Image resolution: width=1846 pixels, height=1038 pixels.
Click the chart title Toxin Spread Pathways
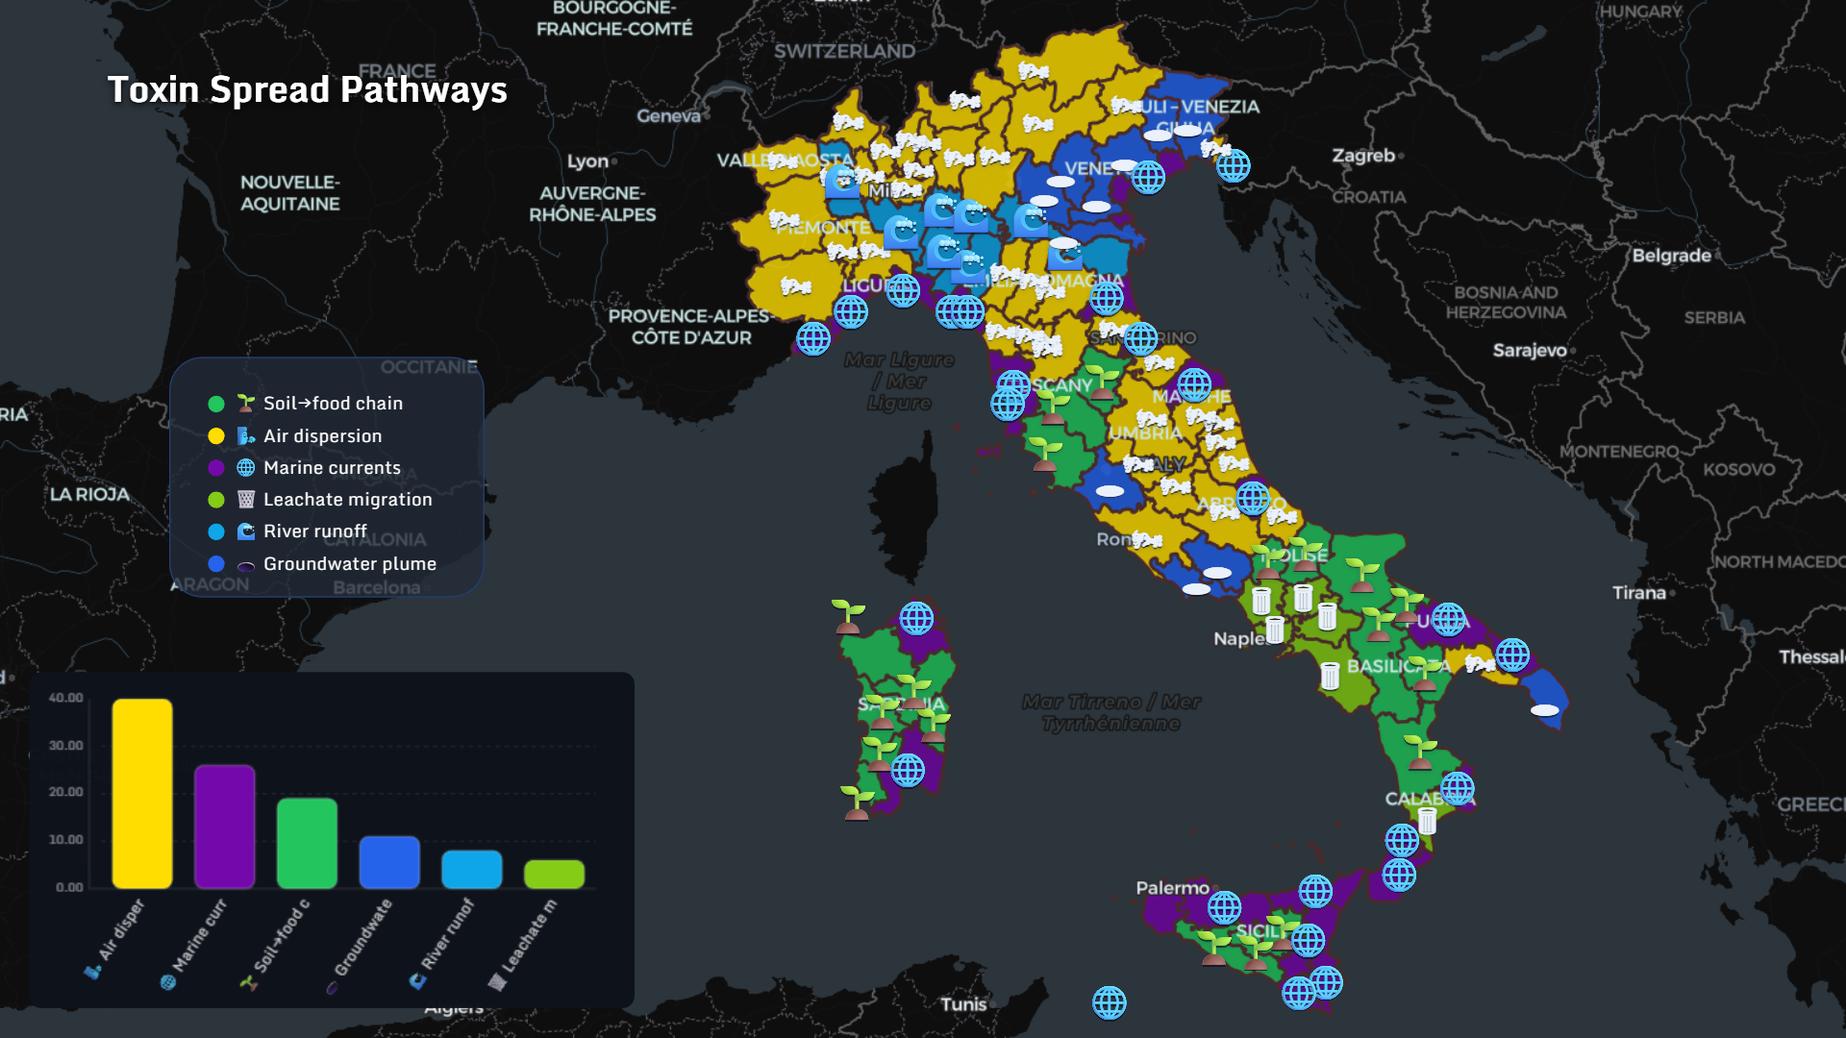[307, 90]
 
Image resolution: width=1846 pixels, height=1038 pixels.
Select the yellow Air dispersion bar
[142, 793]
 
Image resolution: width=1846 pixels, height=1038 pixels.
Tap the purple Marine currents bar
[224, 827]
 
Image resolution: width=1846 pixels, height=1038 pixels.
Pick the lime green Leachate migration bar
[554, 874]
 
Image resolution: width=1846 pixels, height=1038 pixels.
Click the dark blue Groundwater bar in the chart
[389, 862]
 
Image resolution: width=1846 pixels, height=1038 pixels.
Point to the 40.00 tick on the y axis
[65, 698]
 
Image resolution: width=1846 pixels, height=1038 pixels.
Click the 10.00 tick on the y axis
[65, 840]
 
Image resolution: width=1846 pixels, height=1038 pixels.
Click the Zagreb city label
[1362, 156]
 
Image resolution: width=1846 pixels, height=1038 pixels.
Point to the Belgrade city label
[1671, 256]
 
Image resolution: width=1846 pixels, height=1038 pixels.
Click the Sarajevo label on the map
[1530, 351]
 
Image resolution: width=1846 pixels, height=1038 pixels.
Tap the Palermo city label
[1172, 888]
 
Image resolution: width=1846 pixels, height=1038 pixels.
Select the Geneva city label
[668, 116]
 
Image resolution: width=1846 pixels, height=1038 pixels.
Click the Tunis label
[963, 1004]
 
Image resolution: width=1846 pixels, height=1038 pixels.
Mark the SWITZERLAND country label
[844, 52]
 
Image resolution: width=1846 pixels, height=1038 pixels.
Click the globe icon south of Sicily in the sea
[1109, 1002]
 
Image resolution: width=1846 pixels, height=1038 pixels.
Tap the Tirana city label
[1638, 593]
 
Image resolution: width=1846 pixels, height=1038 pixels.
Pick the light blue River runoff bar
[471, 869]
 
